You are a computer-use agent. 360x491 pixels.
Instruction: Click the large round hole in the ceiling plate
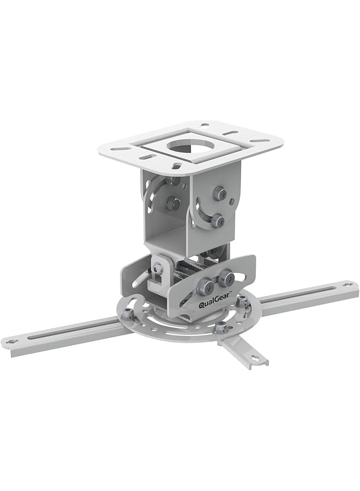point(184,146)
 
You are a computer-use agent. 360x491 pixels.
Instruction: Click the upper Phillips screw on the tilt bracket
point(220,192)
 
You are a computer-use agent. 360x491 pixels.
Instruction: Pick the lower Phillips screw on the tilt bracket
point(217,220)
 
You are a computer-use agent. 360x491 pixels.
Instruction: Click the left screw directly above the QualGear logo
point(206,284)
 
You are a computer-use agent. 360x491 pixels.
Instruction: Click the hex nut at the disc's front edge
point(220,327)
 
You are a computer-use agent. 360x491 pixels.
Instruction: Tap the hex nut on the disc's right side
point(241,300)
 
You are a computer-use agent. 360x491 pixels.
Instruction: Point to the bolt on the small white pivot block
point(158,268)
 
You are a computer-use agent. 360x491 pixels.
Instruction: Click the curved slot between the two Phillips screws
point(206,210)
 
